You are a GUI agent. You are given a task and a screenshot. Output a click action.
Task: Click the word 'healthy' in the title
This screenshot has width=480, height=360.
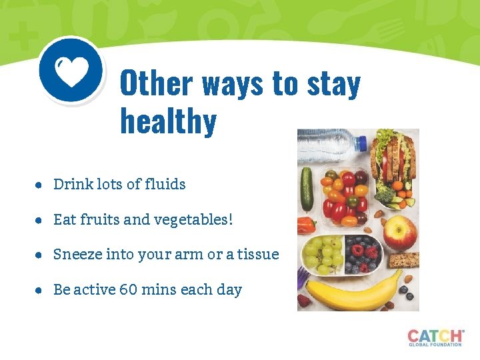click(168, 122)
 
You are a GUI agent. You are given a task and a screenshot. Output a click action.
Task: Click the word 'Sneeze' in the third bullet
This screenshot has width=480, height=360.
click(76, 254)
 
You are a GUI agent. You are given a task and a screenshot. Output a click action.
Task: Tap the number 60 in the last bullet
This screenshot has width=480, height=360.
click(128, 289)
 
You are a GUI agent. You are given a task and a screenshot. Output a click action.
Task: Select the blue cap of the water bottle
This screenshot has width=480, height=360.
click(361, 142)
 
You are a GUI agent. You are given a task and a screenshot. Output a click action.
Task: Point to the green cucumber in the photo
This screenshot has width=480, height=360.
click(307, 188)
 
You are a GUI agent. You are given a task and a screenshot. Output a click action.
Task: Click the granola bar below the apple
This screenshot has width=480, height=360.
click(403, 260)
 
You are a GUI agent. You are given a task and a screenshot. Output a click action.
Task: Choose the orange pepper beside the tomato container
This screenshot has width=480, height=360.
click(306, 225)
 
